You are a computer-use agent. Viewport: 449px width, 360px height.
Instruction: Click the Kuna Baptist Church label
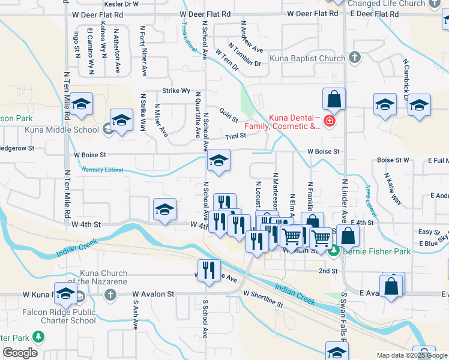306,58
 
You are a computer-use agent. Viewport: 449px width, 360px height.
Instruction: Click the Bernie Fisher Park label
376,251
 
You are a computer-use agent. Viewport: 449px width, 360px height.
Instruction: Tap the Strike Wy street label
176,91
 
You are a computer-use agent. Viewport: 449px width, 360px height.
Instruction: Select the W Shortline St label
263,298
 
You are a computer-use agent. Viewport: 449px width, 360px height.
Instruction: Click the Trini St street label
236,137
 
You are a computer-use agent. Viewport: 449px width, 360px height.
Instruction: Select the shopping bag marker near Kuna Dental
334,99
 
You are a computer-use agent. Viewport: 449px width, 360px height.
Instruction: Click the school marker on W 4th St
164,209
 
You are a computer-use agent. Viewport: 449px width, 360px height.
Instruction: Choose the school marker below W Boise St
218,160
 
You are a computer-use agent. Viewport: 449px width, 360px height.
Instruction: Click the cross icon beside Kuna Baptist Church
354,58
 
